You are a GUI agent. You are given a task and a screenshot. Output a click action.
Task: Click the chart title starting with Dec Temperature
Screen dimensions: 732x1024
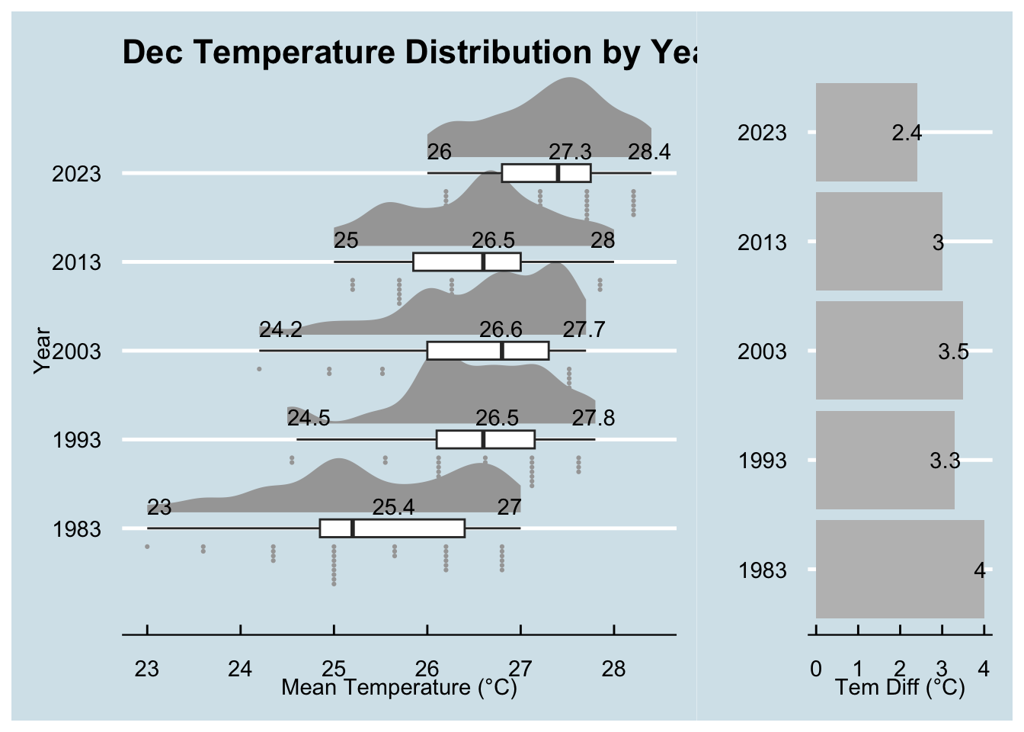point(409,53)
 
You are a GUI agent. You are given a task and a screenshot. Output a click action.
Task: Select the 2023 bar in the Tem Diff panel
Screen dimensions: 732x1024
point(866,132)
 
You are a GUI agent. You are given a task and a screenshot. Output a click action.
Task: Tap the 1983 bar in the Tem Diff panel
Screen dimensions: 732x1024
point(899,569)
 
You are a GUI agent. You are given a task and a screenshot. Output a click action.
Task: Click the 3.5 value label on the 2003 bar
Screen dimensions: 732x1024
point(953,352)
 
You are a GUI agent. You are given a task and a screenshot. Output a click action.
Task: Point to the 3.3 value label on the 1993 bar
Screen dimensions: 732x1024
point(945,461)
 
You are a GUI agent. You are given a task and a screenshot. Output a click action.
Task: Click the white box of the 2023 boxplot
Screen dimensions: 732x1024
point(546,173)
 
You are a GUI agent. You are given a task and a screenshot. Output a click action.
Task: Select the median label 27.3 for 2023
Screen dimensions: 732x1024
point(571,152)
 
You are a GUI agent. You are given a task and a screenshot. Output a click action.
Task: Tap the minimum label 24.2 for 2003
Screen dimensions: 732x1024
point(280,329)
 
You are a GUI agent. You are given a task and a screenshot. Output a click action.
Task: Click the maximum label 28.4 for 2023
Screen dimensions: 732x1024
point(649,152)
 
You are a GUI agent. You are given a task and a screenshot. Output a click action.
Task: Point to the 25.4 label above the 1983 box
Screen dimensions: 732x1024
point(393,507)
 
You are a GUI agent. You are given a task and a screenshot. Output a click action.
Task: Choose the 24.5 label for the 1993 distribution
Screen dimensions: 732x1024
point(309,419)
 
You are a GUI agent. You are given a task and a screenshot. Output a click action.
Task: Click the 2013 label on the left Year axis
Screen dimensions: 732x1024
point(76,263)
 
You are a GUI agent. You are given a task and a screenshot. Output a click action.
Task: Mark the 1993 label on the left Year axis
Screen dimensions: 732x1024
point(76,441)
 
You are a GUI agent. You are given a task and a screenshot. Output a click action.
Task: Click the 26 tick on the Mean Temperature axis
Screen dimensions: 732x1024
point(427,669)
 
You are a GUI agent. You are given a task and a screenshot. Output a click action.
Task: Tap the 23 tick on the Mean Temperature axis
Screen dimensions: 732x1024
point(147,669)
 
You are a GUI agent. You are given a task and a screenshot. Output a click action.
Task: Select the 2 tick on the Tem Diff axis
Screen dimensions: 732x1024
point(900,669)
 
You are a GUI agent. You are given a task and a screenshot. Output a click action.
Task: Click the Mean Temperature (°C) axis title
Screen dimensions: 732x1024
point(399,688)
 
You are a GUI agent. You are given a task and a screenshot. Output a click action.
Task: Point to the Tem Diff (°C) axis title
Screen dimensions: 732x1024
point(900,688)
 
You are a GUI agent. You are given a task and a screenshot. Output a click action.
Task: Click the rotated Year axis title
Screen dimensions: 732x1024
point(43,351)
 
